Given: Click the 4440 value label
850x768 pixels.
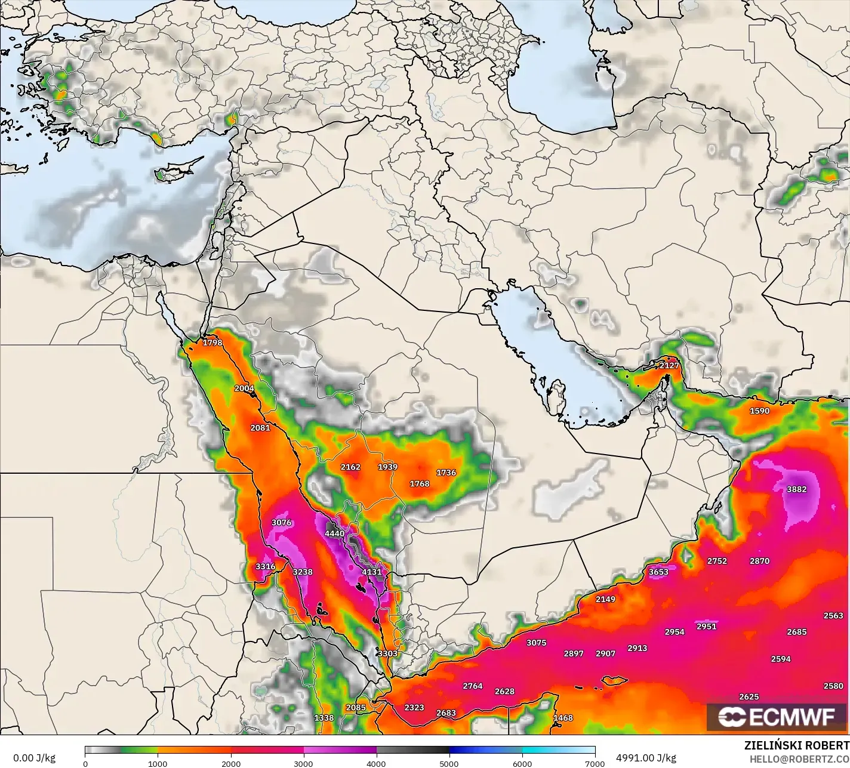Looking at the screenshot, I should click(x=334, y=533).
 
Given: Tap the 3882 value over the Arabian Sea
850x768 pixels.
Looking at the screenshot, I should click(x=796, y=489).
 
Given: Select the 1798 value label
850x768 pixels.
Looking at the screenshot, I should click(x=213, y=343).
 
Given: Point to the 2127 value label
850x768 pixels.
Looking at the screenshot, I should click(x=669, y=365).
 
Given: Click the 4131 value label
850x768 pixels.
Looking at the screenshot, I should click(x=371, y=572).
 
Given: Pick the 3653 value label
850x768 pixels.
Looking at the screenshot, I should click(x=658, y=572).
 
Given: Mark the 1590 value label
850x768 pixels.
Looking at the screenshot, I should click(x=760, y=411).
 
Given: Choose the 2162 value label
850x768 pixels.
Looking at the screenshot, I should click(x=350, y=467).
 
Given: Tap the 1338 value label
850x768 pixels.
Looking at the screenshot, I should click(x=324, y=718).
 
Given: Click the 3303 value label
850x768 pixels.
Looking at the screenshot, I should click(x=387, y=653).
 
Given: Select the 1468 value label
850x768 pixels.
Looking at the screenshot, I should click(x=563, y=718).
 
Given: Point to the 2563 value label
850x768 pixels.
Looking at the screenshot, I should click(x=833, y=615).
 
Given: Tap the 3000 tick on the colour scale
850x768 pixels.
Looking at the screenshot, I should click(x=304, y=763).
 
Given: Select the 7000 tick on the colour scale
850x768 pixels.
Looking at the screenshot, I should click(x=595, y=763).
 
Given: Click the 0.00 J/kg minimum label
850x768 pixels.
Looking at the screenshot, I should click(x=34, y=758).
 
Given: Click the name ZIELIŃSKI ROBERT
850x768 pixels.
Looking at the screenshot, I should click(x=796, y=746).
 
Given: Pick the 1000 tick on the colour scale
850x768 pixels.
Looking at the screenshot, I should click(x=158, y=763).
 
